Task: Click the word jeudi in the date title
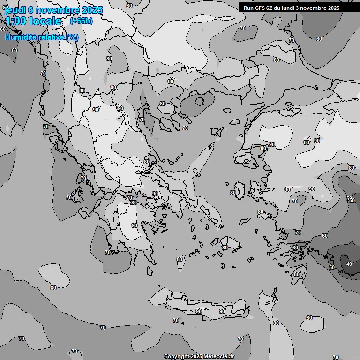(x=15, y=10)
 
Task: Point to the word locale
(x=45, y=21)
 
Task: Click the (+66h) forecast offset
(x=81, y=21)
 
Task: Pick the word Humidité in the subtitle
(x=22, y=37)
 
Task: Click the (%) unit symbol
(x=72, y=37)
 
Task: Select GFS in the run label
(x=261, y=8)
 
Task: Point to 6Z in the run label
(x=270, y=8)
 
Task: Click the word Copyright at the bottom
(x=177, y=357)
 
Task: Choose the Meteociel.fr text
(x=219, y=357)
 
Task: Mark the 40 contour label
(x=349, y=264)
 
